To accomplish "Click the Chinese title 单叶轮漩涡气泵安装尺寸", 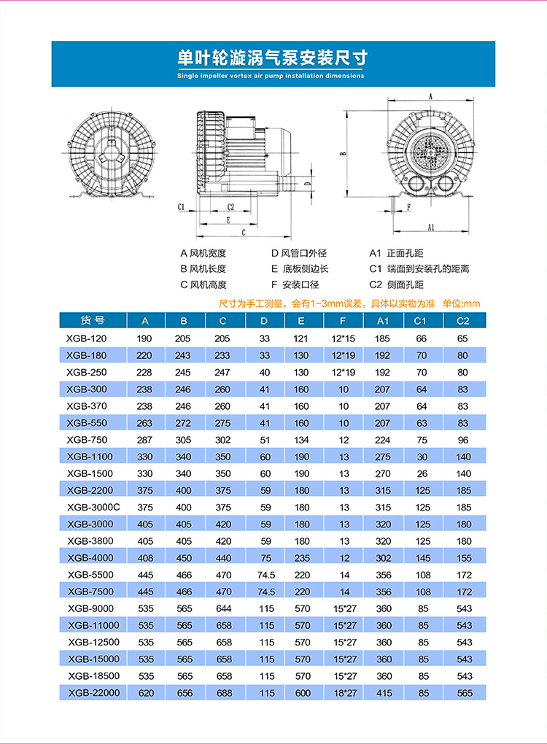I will (273, 58).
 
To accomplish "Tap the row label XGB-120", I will (87, 338).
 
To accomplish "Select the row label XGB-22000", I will (93, 692).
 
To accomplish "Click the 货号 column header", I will (93, 320).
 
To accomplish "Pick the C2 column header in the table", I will (462, 321).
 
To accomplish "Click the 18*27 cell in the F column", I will (344, 692).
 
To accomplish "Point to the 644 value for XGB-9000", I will (222, 608).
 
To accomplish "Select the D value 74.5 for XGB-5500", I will (264, 575).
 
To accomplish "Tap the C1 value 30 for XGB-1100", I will (421, 457).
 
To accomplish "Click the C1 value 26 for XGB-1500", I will (421, 473).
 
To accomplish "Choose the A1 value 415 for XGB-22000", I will (384, 692).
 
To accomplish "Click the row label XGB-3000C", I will (93, 507).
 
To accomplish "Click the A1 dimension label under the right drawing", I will (431, 228).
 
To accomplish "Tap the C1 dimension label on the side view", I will (182, 207).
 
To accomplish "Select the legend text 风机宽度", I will (208, 253).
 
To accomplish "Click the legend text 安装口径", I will (300, 285).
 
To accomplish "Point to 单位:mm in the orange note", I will (462, 303).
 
